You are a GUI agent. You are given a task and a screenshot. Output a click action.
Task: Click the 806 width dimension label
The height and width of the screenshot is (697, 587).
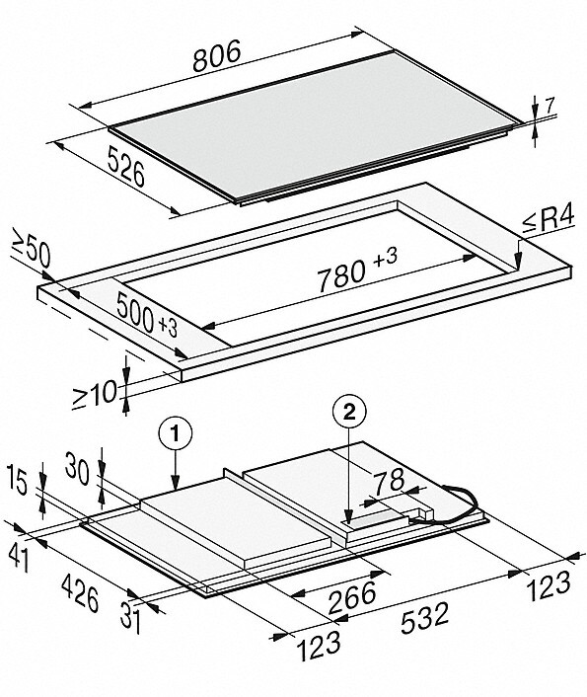(217, 55)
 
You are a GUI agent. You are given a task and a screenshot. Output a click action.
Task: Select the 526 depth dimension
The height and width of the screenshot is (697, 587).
(126, 167)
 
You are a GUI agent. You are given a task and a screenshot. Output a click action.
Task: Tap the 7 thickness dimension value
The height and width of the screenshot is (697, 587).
(550, 107)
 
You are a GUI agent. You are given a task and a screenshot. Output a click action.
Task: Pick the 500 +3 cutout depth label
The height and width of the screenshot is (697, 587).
(147, 316)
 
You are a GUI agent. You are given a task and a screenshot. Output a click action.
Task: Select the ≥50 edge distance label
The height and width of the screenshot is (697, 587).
(31, 252)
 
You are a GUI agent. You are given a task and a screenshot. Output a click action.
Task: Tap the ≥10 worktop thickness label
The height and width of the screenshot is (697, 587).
(95, 393)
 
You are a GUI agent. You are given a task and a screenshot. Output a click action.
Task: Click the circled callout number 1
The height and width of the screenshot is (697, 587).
(176, 433)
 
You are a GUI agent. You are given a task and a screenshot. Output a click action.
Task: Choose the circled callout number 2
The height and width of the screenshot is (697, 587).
(349, 414)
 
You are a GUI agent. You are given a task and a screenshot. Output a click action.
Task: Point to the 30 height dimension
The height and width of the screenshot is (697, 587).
(77, 469)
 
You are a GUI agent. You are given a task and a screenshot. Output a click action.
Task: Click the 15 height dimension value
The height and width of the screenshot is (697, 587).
(18, 484)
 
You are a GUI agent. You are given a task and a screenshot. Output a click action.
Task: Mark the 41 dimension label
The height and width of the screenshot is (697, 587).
(20, 558)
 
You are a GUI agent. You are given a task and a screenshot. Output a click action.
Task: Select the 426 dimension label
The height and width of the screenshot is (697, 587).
(80, 593)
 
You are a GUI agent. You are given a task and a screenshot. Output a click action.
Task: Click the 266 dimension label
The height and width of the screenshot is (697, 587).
(352, 595)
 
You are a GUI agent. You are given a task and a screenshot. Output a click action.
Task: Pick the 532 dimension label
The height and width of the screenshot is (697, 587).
(424, 618)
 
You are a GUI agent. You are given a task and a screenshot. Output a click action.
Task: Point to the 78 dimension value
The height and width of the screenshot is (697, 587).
(389, 482)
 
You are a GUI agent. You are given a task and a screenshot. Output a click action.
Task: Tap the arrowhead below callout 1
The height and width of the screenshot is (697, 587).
(176, 484)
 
